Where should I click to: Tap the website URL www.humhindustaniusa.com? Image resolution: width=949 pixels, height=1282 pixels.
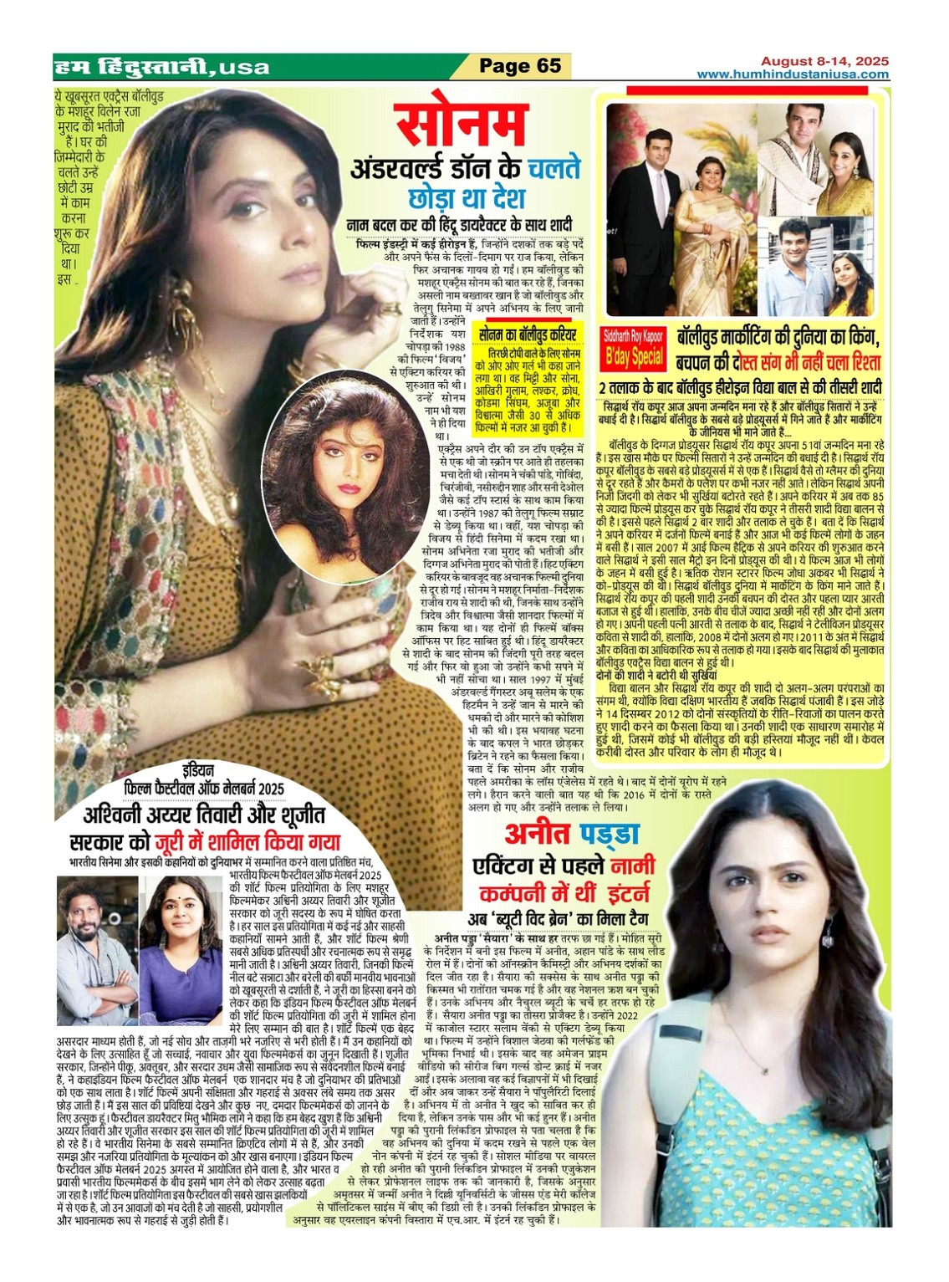click(793, 74)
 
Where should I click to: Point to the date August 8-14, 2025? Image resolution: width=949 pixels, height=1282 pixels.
click(824, 61)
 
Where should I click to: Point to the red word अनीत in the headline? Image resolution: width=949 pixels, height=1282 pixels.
click(538, 833)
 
